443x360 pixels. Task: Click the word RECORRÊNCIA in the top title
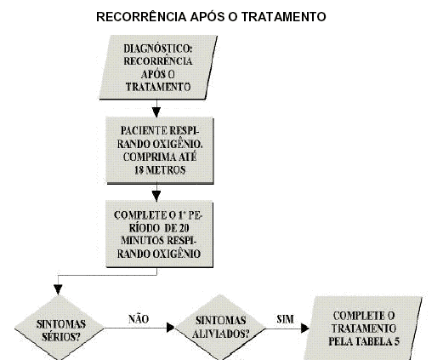(x=141, y=16)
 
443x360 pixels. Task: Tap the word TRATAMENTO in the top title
(x=283, y=17)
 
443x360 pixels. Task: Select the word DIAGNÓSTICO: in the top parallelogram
(x=158, y=49)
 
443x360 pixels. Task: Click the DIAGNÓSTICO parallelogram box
(x=158, y=67)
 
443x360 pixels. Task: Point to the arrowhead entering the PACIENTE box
(x=156, y=112)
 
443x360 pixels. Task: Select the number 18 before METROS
(x=139, y=170)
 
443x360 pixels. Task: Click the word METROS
(x=167, y=170)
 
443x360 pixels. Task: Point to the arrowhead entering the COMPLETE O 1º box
(x=156, y=196)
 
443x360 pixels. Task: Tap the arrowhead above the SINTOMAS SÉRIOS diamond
(x=58, y=290)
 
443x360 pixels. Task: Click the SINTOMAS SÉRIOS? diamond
(x=59, y=328)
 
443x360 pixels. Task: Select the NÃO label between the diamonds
(x=139, y=319)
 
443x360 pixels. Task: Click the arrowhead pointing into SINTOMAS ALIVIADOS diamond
(x=171, y=328)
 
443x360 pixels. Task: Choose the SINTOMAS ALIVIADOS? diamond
(x=220, y=328)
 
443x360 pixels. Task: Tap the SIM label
(x=285, y=319)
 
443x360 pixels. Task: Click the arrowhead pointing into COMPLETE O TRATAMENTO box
(x=305, y=329)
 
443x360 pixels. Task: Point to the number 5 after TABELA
(x=396, y=341)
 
